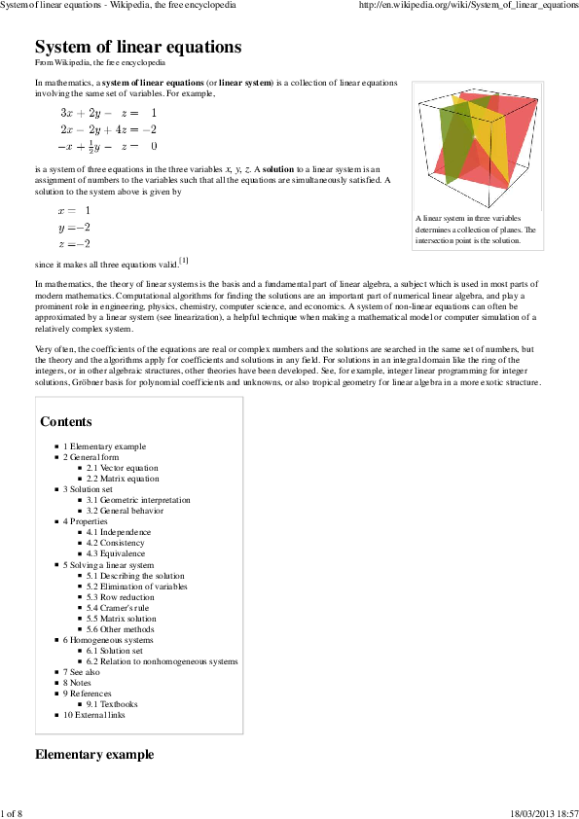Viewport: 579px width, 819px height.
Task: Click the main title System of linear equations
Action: pyautogui.click(x=138, y=47)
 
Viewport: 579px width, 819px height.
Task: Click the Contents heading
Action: pyautogui.click(x=66, y=421)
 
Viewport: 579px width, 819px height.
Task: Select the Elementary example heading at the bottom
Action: pyautogui.click(x=94, y=754)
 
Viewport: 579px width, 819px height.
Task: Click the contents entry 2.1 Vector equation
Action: pyautogui.click(x=122, y=468)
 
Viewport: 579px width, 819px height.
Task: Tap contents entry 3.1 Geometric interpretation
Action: pyautogui.click(x=138, y=500)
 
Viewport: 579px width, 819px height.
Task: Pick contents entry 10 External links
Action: pyautogui.click(x=94, y=715)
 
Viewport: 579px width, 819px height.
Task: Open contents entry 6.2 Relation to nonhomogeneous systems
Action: pyautogui.click(x=162, y=661)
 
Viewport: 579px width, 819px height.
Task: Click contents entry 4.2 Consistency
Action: pyautogui.click(x=115, y=543)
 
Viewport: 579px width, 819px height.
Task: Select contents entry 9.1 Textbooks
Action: pyautogui.click(x=112, y=704)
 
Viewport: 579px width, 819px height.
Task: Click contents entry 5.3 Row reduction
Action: pyautogui.click(x=122, y=597)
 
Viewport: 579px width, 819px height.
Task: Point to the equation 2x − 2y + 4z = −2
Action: pyautogui.click(x=108, y=129)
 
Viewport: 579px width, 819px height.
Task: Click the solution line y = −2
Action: pyautogui.click(x=75, y=227)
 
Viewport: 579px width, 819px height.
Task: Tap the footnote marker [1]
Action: pyautogui.click(x=184, y=261)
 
